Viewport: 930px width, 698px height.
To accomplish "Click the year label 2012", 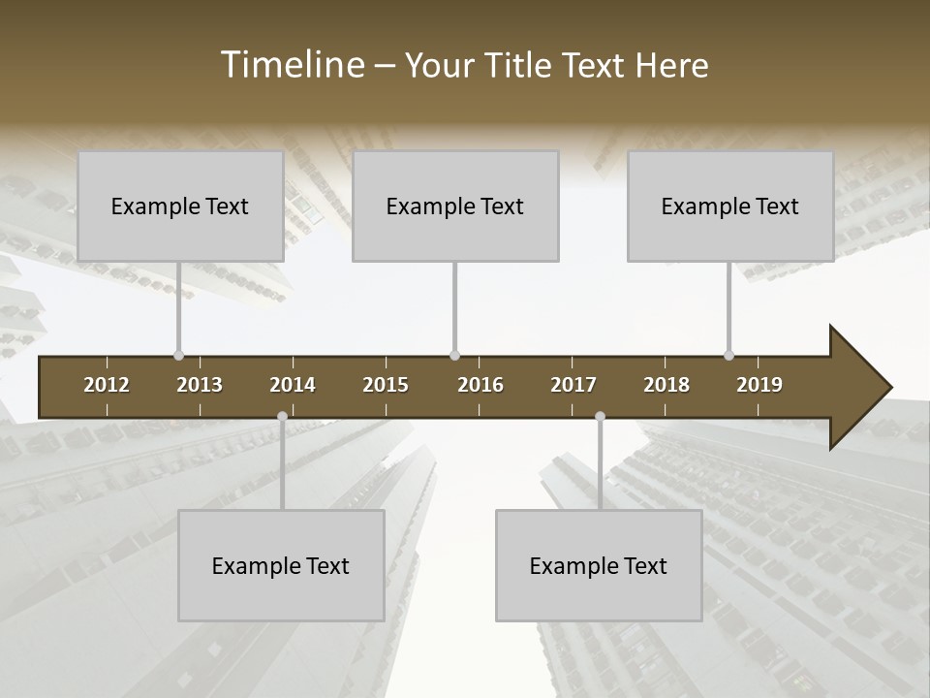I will coord(107,385).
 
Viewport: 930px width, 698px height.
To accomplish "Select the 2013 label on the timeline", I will coord(200,385).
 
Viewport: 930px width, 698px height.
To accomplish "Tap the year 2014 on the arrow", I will coord(293,385).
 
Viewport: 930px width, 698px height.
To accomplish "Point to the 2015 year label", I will coord(386,385).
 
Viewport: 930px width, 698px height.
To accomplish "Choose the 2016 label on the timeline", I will coord(480,385).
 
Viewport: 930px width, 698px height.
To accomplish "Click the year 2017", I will coord(573,385).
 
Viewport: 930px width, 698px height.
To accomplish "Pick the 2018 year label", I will coord(666,385).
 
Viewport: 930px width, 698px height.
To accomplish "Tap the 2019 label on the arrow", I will coord(759,385).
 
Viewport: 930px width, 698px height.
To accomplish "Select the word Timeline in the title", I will coord(292,65).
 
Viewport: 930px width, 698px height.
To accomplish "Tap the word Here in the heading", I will coord(671,66).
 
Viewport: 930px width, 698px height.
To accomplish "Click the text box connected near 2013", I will coord(180,206).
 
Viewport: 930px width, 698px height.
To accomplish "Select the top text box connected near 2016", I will coord(455,206).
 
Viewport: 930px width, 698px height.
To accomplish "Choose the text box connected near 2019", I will coord(730,206).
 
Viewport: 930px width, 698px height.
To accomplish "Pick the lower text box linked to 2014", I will coord(281,565).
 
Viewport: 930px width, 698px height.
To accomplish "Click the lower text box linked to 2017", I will coord(599,565).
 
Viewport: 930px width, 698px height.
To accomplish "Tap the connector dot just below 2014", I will coord(282,416).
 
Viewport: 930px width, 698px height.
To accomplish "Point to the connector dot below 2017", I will coord(600,416).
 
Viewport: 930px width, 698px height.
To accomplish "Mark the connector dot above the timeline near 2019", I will coord(728,355).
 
